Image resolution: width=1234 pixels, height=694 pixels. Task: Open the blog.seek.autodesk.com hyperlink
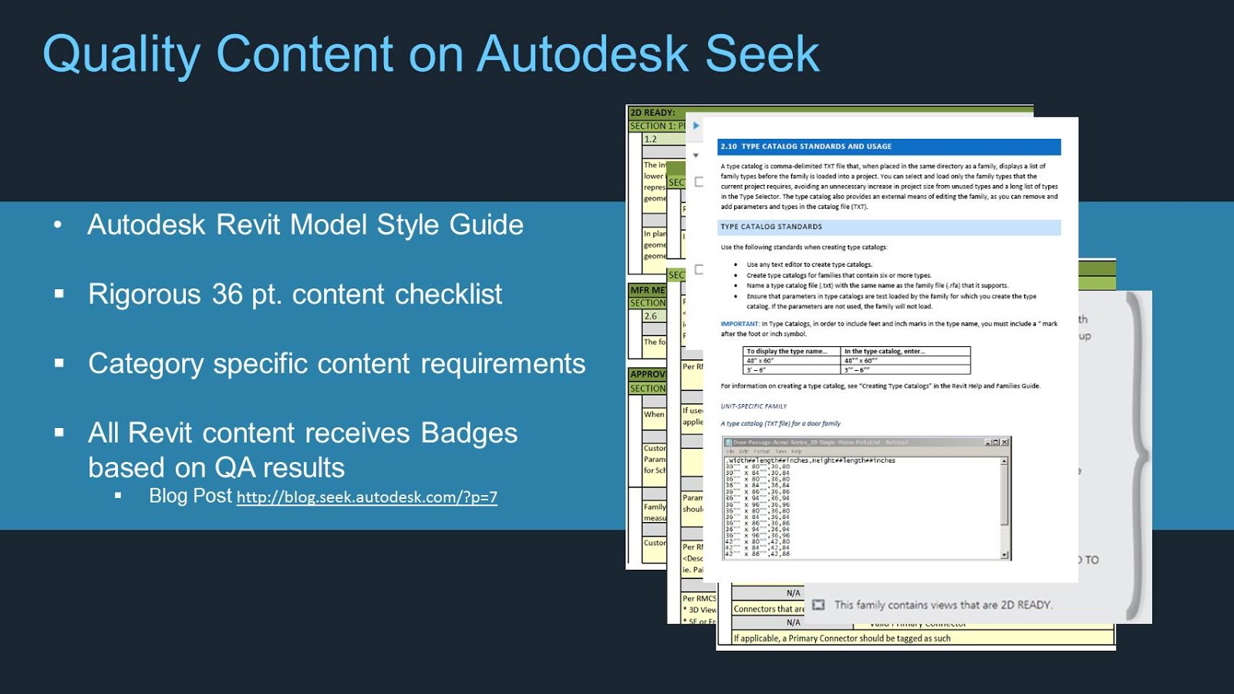click(366, 497)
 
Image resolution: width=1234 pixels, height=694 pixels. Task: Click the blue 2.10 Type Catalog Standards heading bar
click(888, 147)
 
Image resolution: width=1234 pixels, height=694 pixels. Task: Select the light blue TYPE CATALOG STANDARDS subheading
click(888, 227)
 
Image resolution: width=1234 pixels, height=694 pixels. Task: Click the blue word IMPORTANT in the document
click(740, 324)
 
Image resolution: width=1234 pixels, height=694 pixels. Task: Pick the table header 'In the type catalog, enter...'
click(884, 351)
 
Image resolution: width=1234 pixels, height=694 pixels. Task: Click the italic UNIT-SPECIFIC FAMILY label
click(754, 406)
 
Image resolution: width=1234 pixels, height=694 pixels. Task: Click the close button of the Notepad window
click(1004, 442)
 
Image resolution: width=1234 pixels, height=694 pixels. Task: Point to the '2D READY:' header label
click(652, 113)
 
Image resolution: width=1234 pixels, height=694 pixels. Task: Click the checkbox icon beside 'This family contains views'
click(818, 605)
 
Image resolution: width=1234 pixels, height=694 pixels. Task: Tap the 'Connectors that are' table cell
click(768, 608)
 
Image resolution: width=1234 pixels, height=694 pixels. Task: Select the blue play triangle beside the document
click(696, 126)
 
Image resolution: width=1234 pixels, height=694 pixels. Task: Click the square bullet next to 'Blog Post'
click(118, 496)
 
